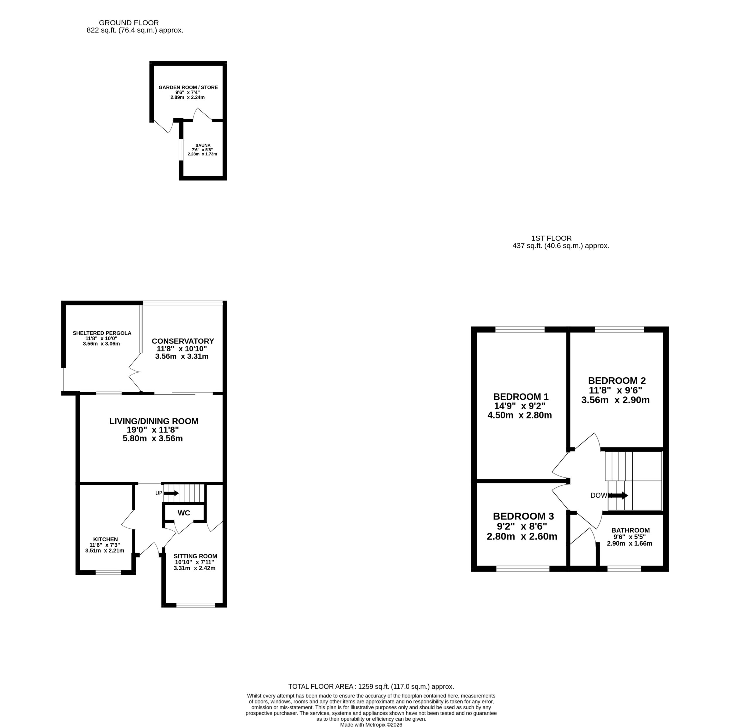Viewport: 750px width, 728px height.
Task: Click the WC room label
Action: [x=184, y=513]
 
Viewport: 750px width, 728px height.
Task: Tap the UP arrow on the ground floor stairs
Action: [x=171, y=493]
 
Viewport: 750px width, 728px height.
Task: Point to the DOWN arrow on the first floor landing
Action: [x=618, y=495]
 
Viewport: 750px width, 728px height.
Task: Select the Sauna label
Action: [x=203, y=145]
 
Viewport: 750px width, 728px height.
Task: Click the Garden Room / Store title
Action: [x=188, y=87]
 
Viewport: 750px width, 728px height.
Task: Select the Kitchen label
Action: [x=105, y=539]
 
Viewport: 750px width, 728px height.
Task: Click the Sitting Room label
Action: [x=195, y=556]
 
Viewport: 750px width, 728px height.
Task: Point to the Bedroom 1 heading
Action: [x=521, y=396]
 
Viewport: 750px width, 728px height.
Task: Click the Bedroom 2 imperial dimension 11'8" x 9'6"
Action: [x=615, y=390]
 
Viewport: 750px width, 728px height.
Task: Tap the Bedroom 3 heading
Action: [x=523, y=516]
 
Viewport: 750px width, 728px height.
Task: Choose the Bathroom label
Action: [x=630, y=530]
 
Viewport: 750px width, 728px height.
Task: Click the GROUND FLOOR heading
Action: [x=129, y=23]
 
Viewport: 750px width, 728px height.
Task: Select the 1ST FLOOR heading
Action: [x=551, y=238]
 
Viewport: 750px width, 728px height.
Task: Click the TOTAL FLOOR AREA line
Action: [x=371, y=687]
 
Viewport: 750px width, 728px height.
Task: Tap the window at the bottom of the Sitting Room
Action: [x=196, y=605]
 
